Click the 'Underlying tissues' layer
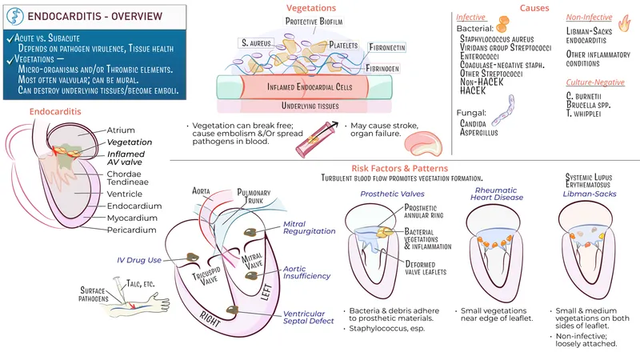(300, 106)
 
